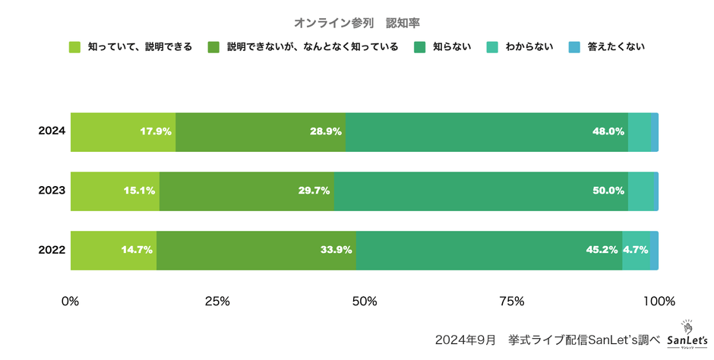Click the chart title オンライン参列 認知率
tap(356, 23)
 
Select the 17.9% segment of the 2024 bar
tap(123, 131)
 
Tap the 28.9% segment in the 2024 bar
tap(261, 131)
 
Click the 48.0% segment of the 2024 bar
tap(487, 131)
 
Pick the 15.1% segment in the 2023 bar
tap(115, 191)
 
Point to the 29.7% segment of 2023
tap(247, 191)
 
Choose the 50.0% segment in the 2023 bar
tap(481, 191)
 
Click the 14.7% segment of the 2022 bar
tap(113, 250)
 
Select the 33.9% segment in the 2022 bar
tap(256, 250)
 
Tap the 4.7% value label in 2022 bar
tap(635, 250)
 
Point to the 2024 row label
tap(52, 131)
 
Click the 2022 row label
tap(52, 250)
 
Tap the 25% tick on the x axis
tap(218, 301)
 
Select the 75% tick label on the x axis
tap(512, 301)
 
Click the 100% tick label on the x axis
tap(659, 301)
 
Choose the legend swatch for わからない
tap(493, 47)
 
